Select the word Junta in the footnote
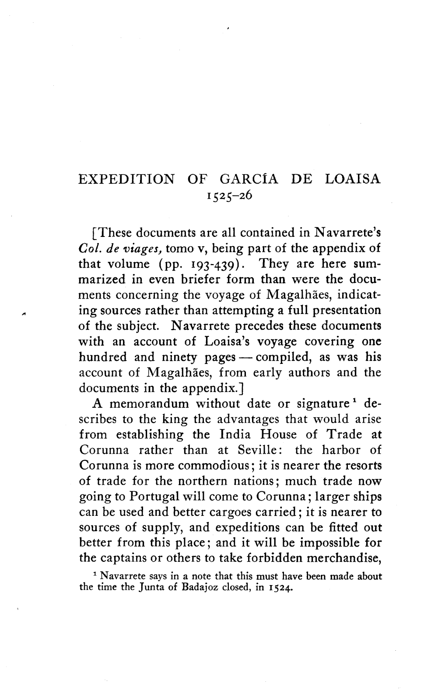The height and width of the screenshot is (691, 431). (x=135, y=588)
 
